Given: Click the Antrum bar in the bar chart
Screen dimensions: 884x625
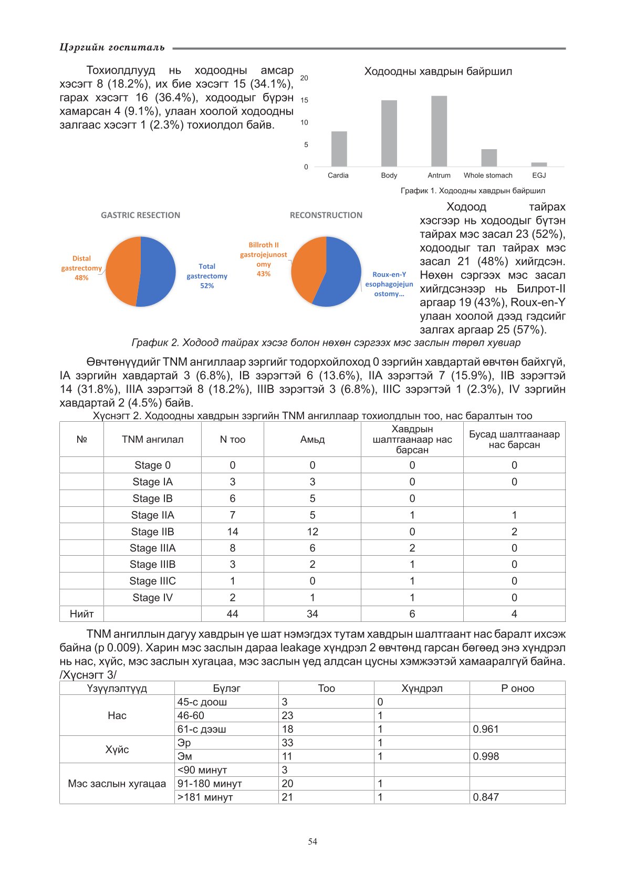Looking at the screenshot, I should (439, 131).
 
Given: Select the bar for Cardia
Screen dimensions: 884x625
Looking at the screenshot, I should (339, 149).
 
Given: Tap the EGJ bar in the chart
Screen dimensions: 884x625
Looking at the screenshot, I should (539, 164).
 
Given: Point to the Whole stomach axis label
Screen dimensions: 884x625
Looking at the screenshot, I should (488, 175).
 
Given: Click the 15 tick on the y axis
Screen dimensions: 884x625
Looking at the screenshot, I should (305, 100).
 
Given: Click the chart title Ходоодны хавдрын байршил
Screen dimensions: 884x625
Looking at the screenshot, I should (438, 71).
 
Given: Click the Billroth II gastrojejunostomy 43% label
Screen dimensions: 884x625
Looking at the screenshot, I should (264, 259).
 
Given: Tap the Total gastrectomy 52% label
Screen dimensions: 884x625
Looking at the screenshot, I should (207, 276).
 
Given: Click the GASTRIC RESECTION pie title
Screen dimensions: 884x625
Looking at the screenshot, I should (140, 215).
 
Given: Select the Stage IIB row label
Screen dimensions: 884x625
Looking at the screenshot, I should (152, 532).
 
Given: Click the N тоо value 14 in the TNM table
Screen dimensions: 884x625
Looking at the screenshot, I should (233, 532).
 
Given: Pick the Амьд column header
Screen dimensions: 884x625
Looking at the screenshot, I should (312, 440).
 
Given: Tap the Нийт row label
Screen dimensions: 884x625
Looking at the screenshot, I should (81, 613).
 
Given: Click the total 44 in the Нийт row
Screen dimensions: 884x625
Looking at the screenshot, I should (233, 613).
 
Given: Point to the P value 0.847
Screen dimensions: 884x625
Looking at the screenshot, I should (486, 797).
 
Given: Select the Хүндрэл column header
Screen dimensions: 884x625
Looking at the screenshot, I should (422, 688).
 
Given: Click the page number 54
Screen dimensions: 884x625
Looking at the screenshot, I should (312, 841).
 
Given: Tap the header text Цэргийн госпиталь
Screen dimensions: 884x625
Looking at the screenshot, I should (112, 48).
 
